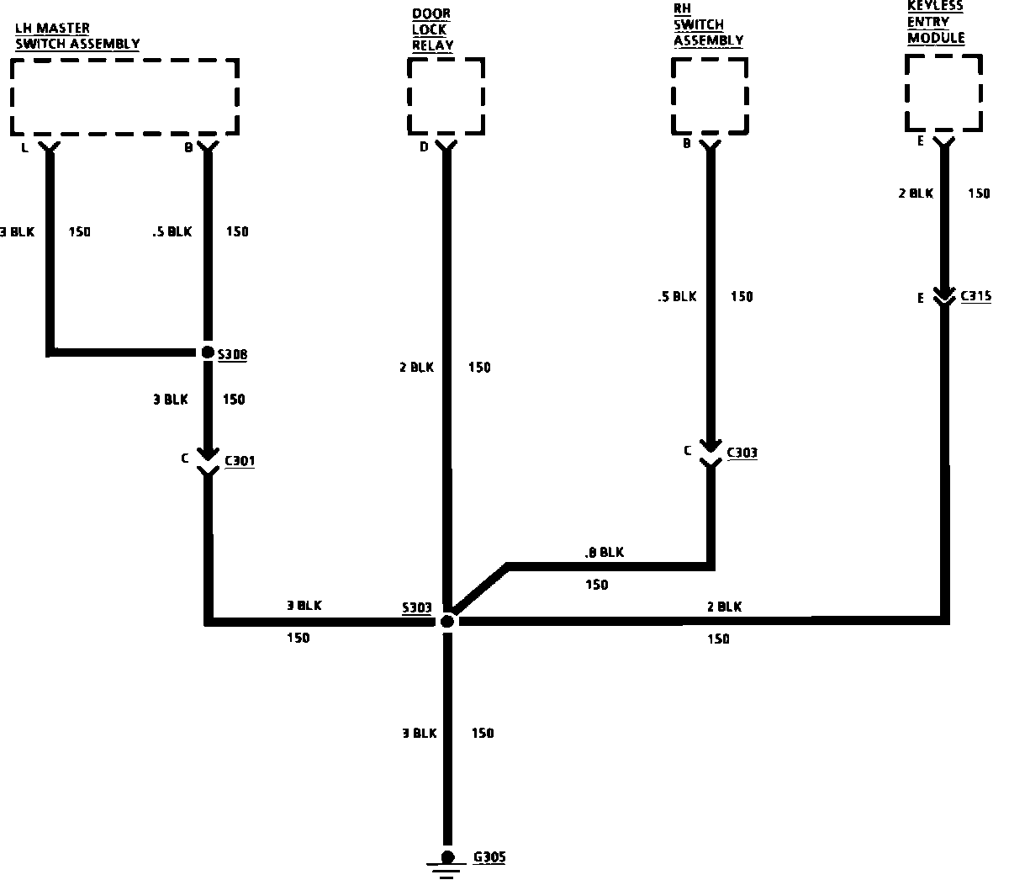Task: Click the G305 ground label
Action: tap(489, 858)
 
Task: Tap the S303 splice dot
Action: tap(447, 621)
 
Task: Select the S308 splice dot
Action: tap(208, 353)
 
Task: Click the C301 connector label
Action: tap(240, 461)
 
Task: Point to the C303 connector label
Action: tap(742, 453)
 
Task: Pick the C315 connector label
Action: tap(975, 296)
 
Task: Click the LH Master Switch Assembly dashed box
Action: tap(125, 97)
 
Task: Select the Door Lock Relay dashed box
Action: tap(446, 95)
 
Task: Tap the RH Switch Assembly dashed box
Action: tap(711, 95)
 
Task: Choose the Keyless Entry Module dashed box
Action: tap(943, 93)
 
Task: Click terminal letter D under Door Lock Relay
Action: tap(424, 146)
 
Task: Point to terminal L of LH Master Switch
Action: tap(24, 147)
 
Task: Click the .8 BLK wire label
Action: tap(604, 553)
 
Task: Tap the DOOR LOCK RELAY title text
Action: tap(432, 30)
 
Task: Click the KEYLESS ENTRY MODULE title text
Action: tap(935, 23)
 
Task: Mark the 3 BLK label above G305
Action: tap(420, 734)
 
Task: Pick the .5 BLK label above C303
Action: tap(677, 296)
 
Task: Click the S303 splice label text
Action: tap(416, 607)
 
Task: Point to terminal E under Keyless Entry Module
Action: tap(921, 141)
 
